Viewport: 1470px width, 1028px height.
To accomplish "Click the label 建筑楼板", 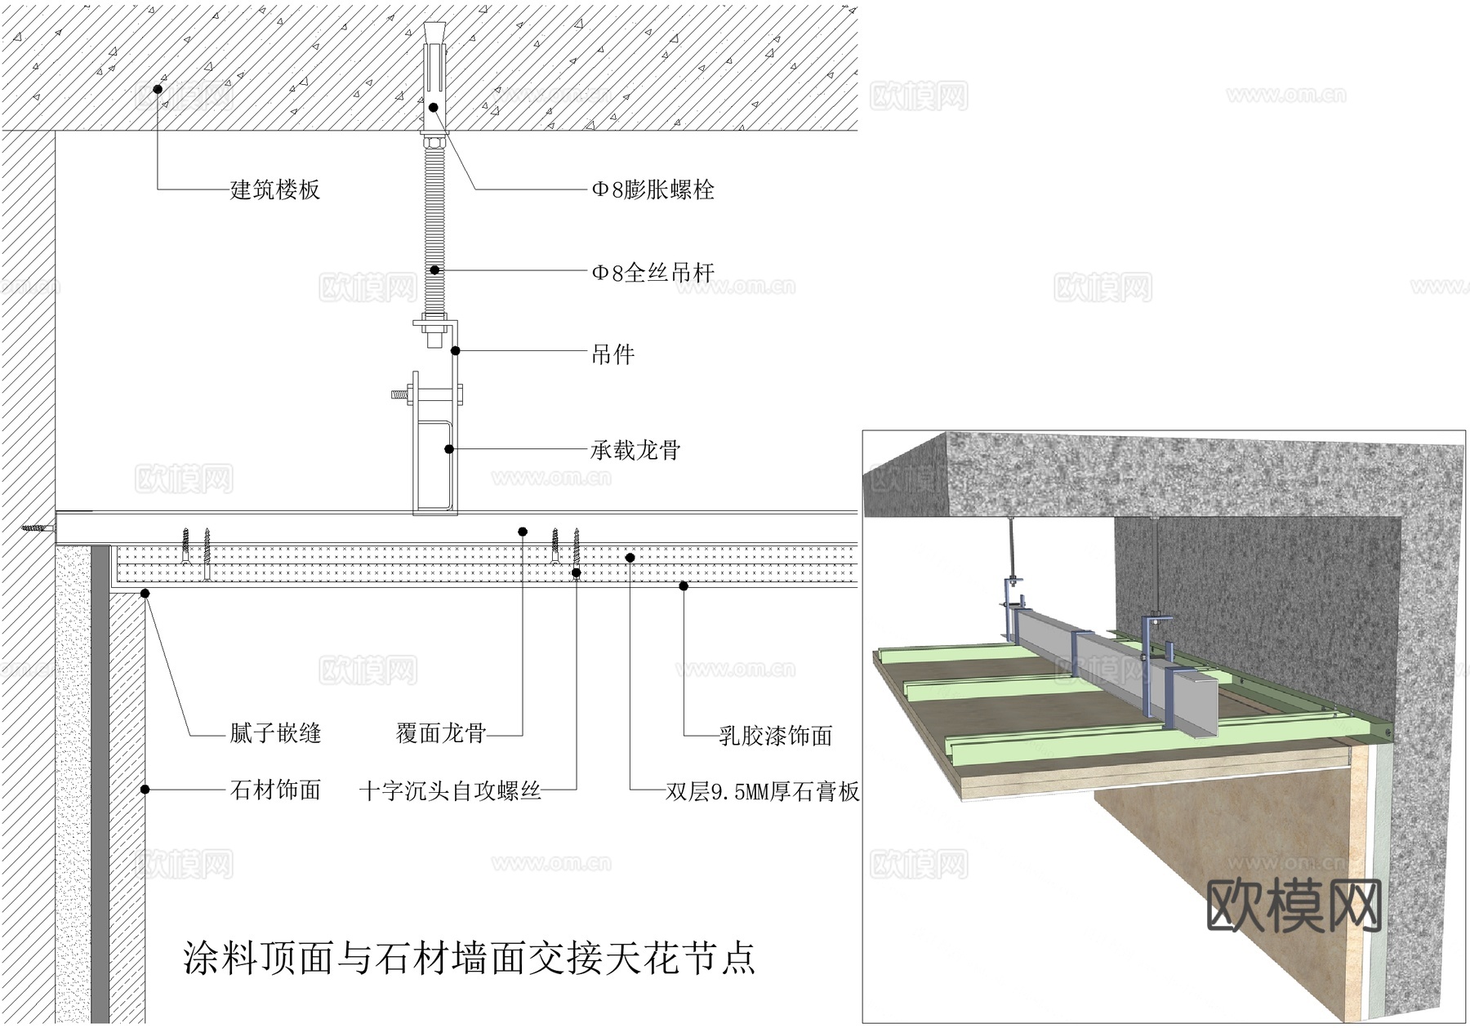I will (x=275, y=190).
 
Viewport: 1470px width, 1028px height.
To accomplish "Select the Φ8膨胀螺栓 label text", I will (x=653, y=190).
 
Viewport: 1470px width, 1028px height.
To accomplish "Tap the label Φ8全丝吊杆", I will (x=653, y=272).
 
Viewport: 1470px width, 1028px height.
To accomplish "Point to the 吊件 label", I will (x=612, y=354).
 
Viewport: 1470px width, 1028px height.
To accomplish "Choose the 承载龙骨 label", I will (x=635, y=450).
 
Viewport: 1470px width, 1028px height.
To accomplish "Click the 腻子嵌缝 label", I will (x=275, y=733).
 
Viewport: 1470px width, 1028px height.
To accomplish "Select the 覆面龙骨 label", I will (x=441, y=733).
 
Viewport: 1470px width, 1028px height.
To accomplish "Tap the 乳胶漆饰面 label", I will (x=775, y=736).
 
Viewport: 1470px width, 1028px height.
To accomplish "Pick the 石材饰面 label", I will (x=275, y=790).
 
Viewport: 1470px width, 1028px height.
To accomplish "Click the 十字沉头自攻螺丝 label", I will (x=450, y=790).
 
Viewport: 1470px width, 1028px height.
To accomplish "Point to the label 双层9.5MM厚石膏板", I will (x=762, y=791).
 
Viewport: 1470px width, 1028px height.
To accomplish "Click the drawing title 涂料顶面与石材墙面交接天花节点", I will (x=470, y=958).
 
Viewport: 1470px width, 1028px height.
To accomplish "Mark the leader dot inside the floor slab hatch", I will (x=158, y=88).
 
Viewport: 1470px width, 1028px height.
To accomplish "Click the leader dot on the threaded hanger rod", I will (x=434, y=269).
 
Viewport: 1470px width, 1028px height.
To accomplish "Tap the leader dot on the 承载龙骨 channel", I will (x=448, y=448).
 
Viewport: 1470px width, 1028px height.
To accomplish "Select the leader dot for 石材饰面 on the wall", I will (x=145, y=790).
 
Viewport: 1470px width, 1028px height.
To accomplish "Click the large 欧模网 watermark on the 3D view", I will (x=1294, y=906).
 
